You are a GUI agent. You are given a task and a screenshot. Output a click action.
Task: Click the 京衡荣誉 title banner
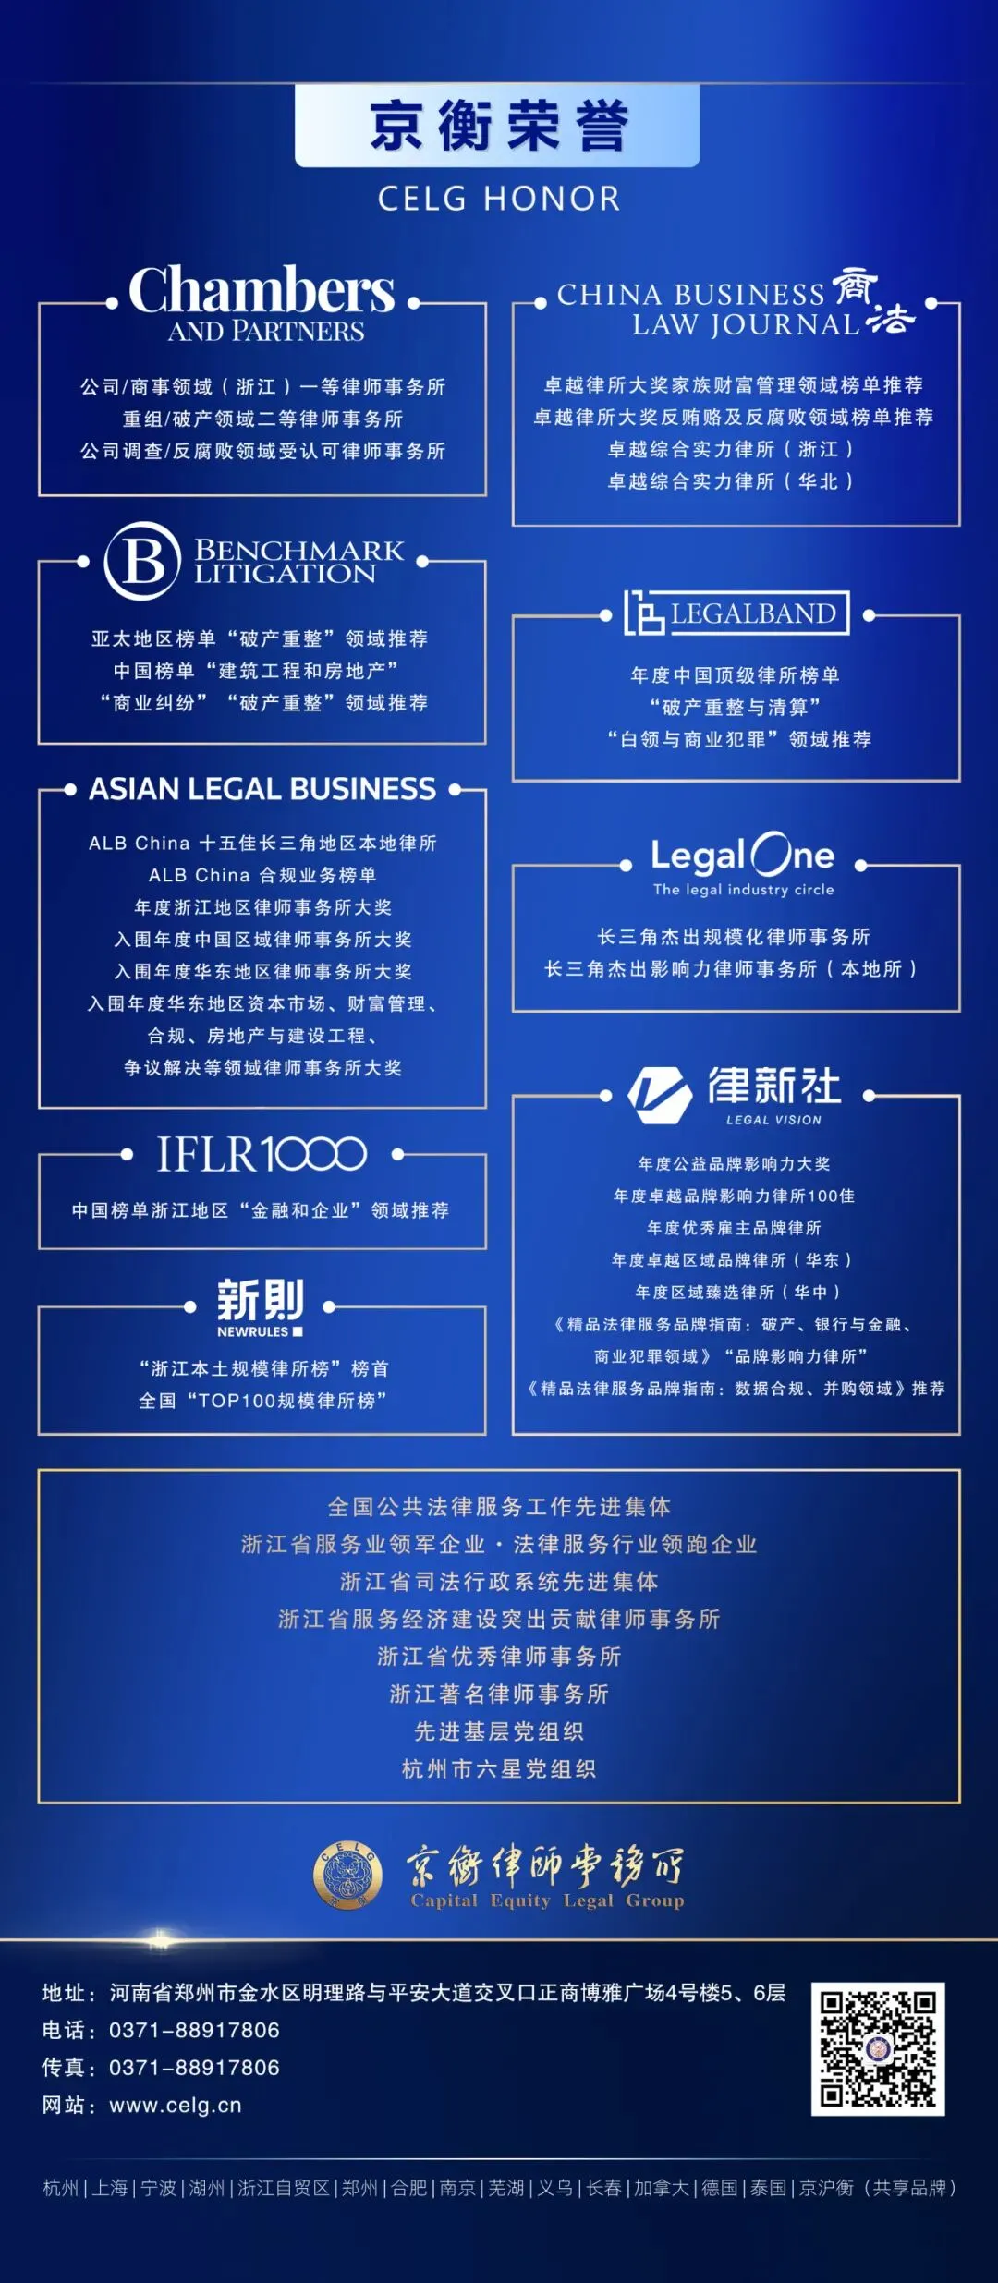tap(497, 126)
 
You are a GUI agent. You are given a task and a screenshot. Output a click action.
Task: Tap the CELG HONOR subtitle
tap(498, 199)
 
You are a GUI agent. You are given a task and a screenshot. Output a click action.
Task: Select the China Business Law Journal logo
tap(736, 306)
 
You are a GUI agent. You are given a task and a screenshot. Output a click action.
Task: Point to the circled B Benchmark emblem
tap(141, 561)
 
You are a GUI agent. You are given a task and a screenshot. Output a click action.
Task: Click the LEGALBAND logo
tap(736, 613)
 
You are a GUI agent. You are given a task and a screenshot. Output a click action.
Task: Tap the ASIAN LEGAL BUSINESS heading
tap(262, 789)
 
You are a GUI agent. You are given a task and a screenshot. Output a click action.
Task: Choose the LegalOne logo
tap(742, 863)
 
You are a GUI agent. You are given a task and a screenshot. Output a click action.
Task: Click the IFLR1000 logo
tap(262, 1154)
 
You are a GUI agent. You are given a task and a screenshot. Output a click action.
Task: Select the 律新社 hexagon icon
tap(660, 1094)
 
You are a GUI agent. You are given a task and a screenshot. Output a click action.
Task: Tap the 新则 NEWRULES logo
tap(261, 1306)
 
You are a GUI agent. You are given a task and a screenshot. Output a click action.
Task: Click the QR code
tap(877, 2048)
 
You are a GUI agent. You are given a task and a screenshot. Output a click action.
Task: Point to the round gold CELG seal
tap(347, 1876)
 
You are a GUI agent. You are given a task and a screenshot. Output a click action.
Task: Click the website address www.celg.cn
tap(176, 2106)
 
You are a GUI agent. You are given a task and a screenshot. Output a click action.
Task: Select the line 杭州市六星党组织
tap(499, 1769)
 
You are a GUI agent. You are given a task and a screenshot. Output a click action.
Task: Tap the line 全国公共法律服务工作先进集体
tap(499, 1507)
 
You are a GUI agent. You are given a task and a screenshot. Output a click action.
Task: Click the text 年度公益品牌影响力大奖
tap(735, 1164)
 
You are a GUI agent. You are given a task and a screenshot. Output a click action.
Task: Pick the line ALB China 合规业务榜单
tap(262, 875)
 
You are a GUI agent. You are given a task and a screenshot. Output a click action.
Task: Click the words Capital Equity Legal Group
tap(547, 1900)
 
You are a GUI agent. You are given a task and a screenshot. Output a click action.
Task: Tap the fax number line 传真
tap(161, 2068)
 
